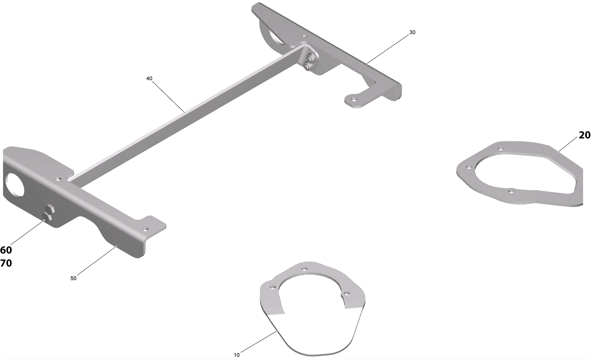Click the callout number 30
pyautogui.click(x=412, y=32)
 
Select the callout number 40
pyautogui.click(x=149, y=78)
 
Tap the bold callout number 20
pyautogui.click(x=585, y=135)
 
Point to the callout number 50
pyautogui.click(x=73, y=279)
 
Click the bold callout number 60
pyautogui.click(x=6, y=250)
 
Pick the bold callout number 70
pyautogui.click(x=6, y=263)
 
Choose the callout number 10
pyautogui.click(x=237, y=355)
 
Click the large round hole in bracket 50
pyautogui.click(x=14, y=186)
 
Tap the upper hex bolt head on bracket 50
pyautogui.click(x=50, y=209)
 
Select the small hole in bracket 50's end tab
pyautogui.click(x=145, y=228)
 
